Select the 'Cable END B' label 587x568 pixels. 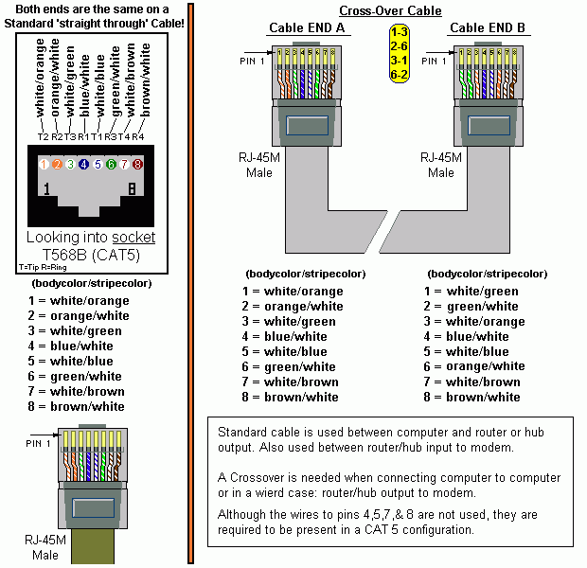tap(487, 28)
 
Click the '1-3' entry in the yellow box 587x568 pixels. tap(399, 32)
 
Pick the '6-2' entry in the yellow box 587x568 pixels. tap(399, 73)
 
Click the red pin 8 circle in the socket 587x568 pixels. tap(138, 165)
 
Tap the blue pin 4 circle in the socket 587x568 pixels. tap(83, 165)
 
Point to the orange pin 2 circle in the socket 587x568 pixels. tap(57, 165)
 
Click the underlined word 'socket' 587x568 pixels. tap(133, 237)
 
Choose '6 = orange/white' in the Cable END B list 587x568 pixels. tap(473, 366)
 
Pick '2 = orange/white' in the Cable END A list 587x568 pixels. tap(292, 306)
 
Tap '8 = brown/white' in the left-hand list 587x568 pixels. tap(78, 406)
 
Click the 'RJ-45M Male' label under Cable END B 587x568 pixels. tap(440, 166)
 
